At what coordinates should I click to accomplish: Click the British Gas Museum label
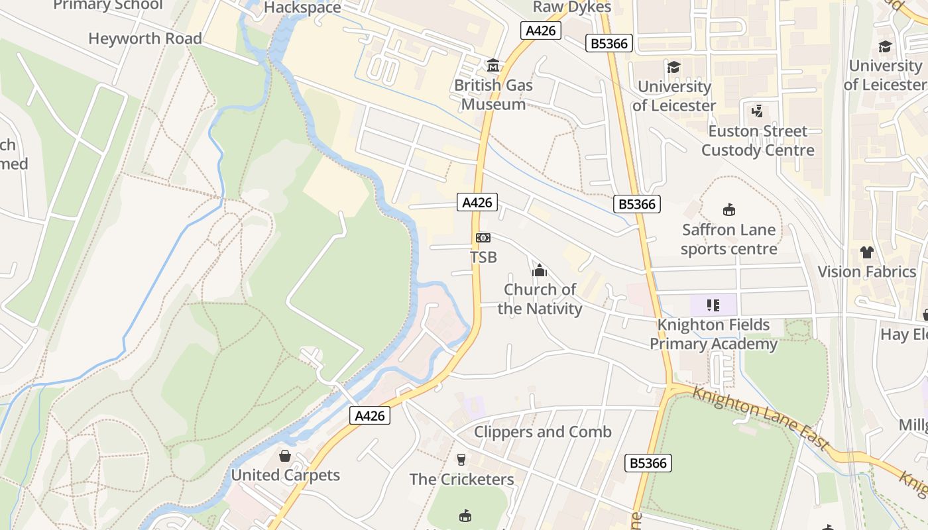tap(493, 95)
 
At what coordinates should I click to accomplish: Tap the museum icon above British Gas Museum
tap(493, 66)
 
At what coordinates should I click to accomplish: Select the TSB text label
tap(483, 257)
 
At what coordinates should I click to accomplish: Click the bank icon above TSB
tap(483, 238)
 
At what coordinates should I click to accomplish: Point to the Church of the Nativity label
tap(540, 299)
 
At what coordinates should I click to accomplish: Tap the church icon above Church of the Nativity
tap(540, 270)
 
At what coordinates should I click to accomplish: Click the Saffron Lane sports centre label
tap(728, 239)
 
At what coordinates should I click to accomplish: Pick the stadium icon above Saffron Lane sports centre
tap(729, 210)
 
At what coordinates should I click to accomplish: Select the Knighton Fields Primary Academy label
tap(713, 334)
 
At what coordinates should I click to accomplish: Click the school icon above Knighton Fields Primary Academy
tap(713, 305)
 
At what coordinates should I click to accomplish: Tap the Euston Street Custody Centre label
tap(758, 140)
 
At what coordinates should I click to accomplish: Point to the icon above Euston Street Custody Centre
tap(758, 111)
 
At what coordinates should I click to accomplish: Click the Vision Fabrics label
tap(866, 272)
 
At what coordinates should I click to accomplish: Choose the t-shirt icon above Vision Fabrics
tap(866, 252)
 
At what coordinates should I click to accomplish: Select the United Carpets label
tap(285, 475)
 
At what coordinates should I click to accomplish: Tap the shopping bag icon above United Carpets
tap(285, 456)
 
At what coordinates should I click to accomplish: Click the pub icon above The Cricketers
tap(461, 459)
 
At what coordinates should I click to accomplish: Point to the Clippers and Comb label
tap(542, 432)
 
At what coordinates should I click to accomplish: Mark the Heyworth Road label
tap(145, 38)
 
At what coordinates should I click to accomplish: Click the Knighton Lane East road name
tap(760, 419)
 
